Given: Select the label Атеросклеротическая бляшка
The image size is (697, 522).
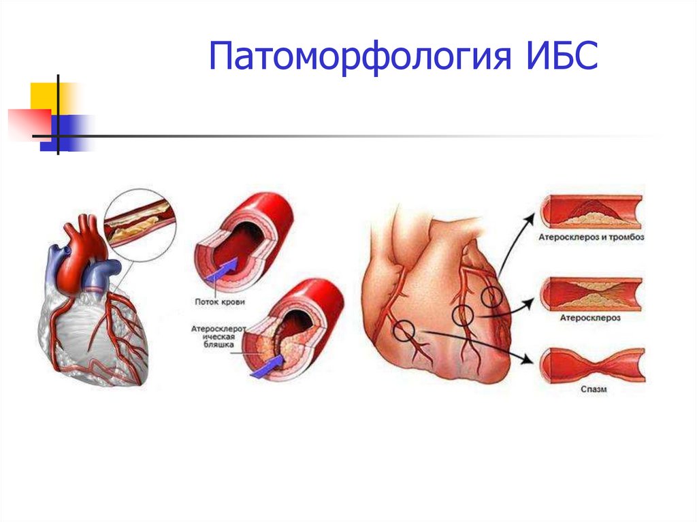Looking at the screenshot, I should [213, 337].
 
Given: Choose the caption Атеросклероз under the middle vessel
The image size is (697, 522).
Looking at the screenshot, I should [589, 318].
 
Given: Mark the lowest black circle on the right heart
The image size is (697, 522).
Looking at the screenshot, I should [404, 331].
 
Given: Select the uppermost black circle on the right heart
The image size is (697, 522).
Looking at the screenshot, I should [492, 297].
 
